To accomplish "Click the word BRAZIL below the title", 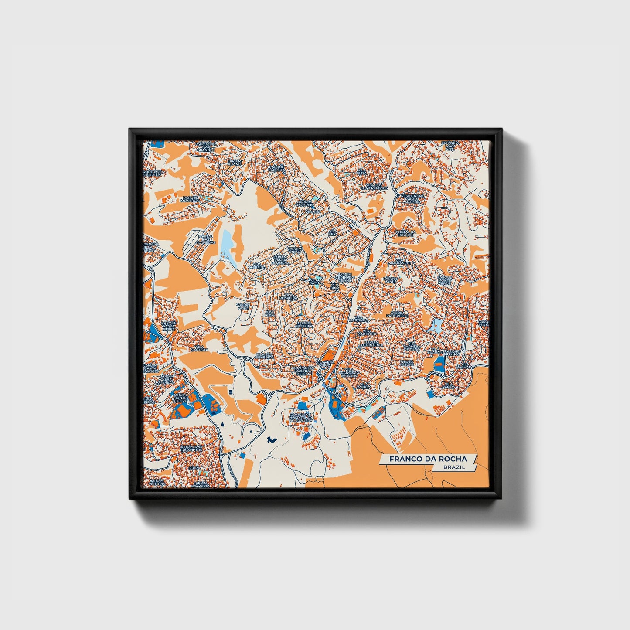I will coord(454,467).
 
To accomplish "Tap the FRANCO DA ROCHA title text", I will coord(428,459).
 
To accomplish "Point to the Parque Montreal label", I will coord(191,199).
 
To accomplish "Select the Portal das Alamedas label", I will coord(206,239).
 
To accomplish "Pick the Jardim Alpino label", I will coord(234,162).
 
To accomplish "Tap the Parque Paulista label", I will coord(276,167).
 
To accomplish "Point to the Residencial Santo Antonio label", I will coord(412,199).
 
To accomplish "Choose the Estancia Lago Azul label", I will coord(450,146).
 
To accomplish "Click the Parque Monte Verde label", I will coord(445,280).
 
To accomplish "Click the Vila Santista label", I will coord(200,348).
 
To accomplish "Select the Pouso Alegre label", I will coord(407,363).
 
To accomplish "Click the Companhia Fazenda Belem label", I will coord(302,371).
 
